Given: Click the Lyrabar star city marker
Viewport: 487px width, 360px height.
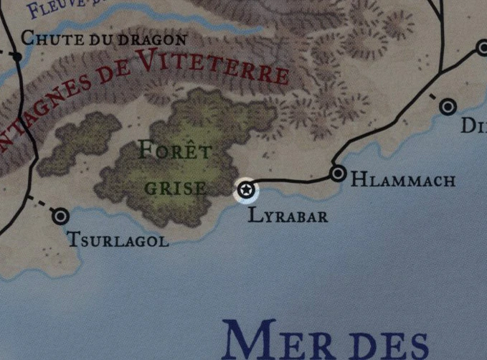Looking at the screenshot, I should point(246,190).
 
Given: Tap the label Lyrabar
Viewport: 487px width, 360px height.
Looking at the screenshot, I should point(288,214).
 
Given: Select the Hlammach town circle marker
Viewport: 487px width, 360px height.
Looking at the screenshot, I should point(338,174).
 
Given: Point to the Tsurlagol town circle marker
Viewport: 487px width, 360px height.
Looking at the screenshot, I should point(61,215).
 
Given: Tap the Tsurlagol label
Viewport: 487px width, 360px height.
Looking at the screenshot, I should point(118,240).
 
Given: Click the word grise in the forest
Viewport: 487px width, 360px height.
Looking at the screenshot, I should point(176,189).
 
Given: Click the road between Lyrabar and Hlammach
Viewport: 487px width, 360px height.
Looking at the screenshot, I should point(294,180).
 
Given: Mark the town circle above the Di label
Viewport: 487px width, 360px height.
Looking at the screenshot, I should point(448,107).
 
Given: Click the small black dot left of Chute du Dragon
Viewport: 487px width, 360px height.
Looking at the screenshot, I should point(16,54).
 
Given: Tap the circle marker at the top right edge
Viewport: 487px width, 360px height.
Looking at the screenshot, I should point(482,48).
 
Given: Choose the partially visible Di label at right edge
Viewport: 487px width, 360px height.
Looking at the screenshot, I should point(473,128).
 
